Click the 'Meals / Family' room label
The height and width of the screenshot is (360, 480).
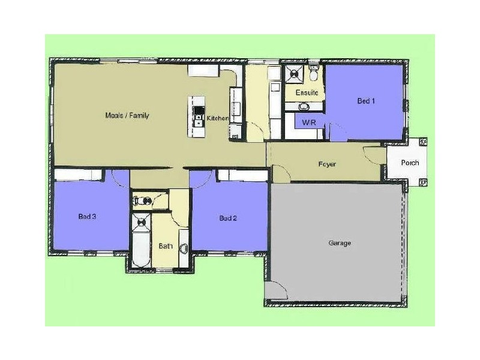(127, 116)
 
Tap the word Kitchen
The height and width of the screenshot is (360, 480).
(217, 118)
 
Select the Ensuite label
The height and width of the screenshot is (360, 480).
(305, 92)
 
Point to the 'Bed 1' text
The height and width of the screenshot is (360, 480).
(366, 101)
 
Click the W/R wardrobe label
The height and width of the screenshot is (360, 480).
(309, 122)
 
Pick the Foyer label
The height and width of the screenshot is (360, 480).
(327, 164)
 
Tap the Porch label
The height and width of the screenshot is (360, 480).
(410, 163)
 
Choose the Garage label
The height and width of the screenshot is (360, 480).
(340, 243)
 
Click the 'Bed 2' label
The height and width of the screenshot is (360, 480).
(229, 218)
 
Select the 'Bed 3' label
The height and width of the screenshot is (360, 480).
(88, 217)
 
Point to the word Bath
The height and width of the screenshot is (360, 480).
(166, 246)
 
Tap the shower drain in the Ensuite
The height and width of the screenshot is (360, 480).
(293, 75)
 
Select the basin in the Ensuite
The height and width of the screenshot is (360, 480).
(304, 107)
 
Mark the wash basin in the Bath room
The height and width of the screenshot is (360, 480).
(184, 246)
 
